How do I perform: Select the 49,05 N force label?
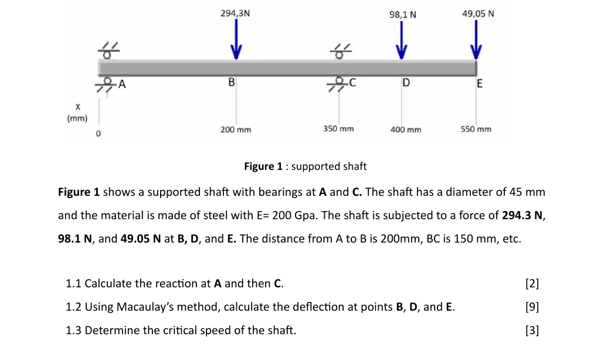(478, 12)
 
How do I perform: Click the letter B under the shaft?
(232, 82)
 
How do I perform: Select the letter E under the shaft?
(479, 84)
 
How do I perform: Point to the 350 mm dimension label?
(338, 128)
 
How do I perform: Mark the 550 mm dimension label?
(476, 129)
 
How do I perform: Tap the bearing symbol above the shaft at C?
(339, 51)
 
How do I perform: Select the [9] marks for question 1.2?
(532, 307)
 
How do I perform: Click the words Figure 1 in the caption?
(259, 167)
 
